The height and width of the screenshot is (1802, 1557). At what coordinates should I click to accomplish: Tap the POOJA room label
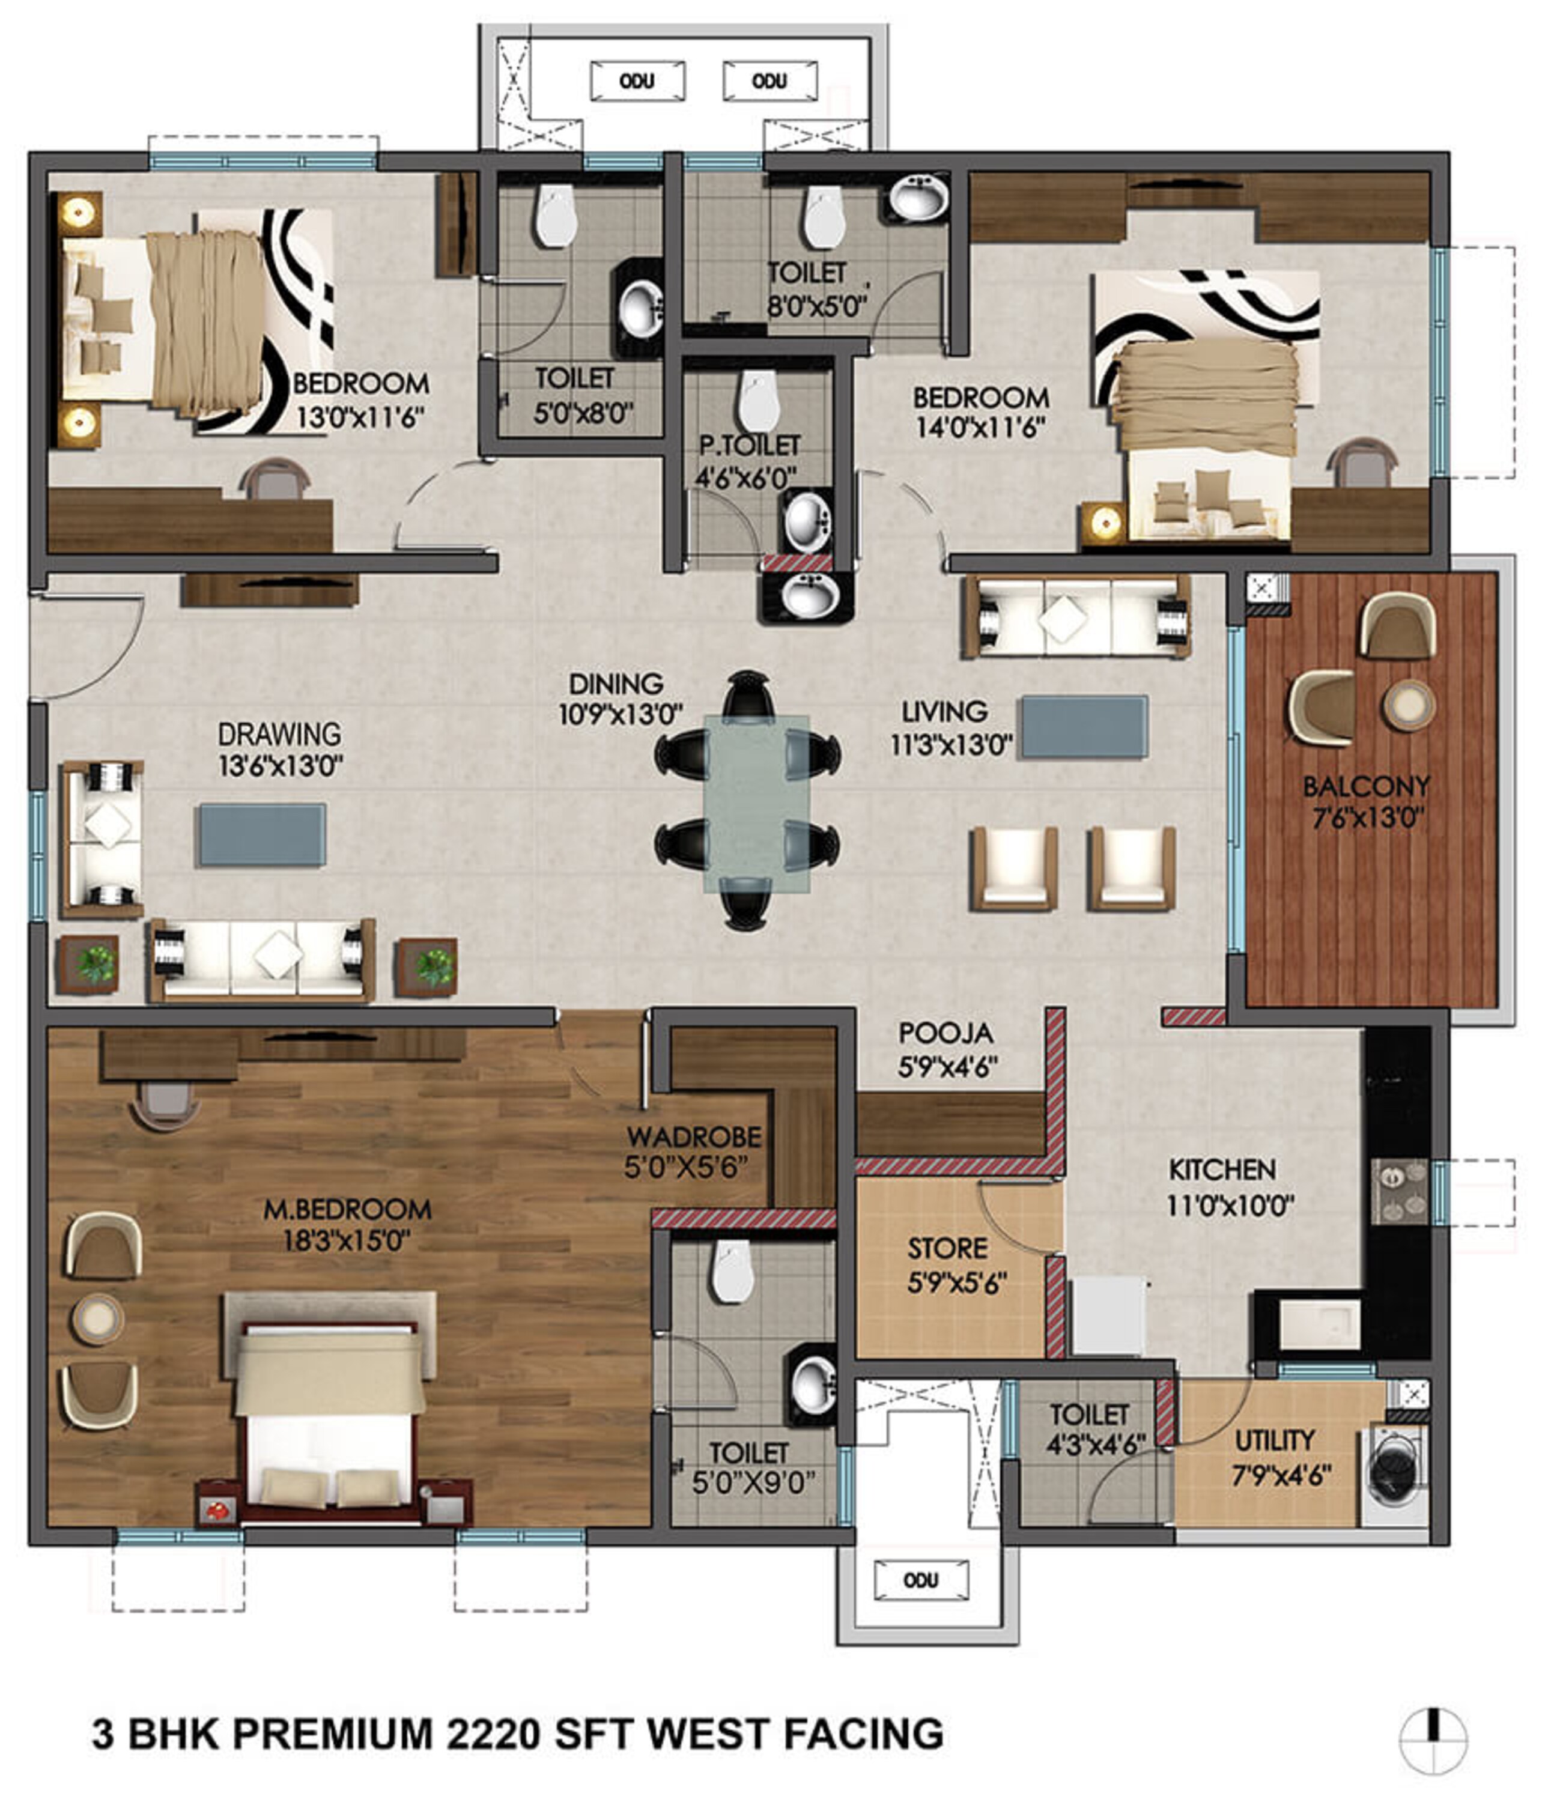(945, 1033)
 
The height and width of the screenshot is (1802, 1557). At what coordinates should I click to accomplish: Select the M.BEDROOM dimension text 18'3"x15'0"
(346, 1240)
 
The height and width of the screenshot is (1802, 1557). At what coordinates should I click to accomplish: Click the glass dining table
(756, 804)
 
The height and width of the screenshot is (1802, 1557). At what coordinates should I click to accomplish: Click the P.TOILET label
(749, 445)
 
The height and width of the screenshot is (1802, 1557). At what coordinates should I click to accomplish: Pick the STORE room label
(947, 1249)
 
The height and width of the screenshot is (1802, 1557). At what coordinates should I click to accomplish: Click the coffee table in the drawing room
(263, 835)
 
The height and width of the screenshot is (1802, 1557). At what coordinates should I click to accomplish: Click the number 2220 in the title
(493, 1734)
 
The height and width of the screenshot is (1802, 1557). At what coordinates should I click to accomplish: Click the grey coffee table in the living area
(1084, 726)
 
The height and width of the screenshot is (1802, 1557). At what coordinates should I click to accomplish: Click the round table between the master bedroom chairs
(97, 1318)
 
